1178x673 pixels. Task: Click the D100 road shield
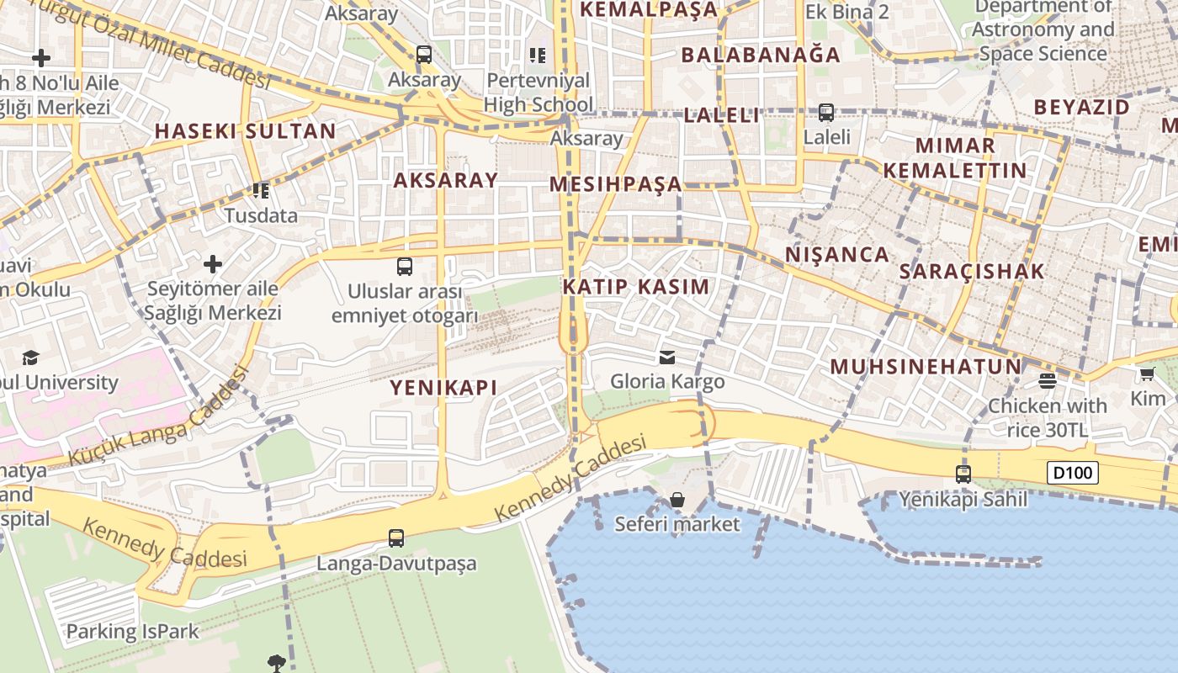coord(1073,473)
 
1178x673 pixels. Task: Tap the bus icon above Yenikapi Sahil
coord(963,474)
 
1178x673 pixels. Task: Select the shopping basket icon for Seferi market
coord(677,501)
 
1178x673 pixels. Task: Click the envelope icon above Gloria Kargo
coord(667,358)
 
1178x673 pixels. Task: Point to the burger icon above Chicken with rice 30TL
coord(1048,381)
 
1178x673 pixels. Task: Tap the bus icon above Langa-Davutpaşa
coord(396,538)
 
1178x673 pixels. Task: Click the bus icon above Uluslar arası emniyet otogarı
coord(405,267)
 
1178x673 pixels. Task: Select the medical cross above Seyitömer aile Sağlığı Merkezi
coord(213,264)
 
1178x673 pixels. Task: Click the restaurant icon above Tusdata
coord(261,191)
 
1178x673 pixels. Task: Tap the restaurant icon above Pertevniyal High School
coord(538,56)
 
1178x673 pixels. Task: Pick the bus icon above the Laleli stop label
coord(826,112)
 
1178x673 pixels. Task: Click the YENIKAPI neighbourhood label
coord(443,387)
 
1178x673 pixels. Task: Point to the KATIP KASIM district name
coord(636,286)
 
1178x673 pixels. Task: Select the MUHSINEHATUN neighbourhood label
coord(926,366)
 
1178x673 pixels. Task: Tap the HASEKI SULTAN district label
coord(246,131)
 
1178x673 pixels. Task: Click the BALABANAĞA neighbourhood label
coord(761,55)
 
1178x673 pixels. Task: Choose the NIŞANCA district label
coord(836,254)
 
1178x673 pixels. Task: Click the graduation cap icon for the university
coord(31,358)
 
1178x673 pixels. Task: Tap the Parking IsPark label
coord(133,631)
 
